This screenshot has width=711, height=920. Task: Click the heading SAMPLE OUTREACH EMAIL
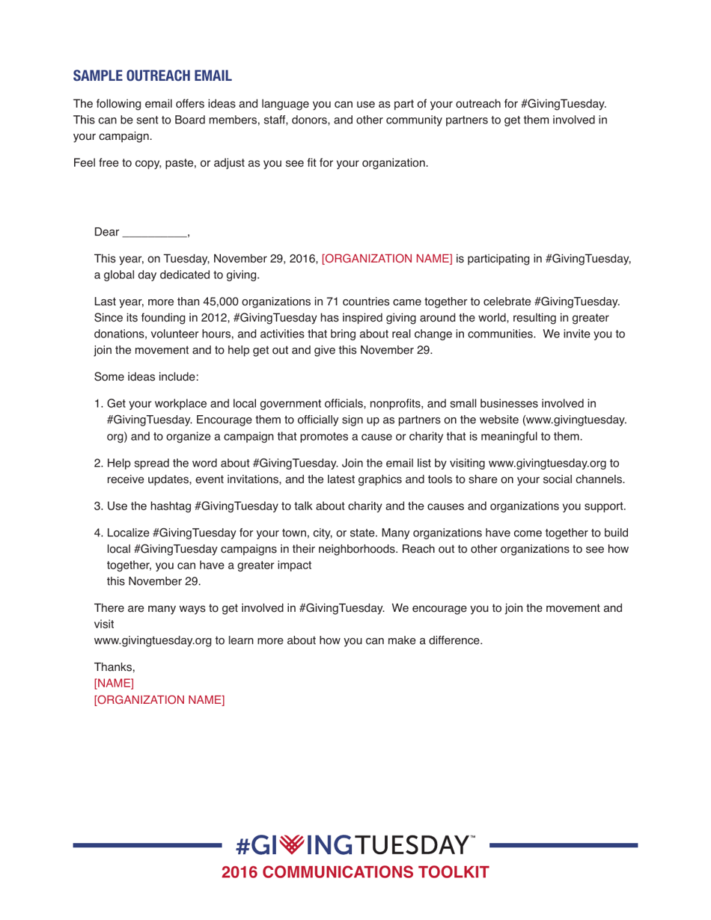tap(152, 76)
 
